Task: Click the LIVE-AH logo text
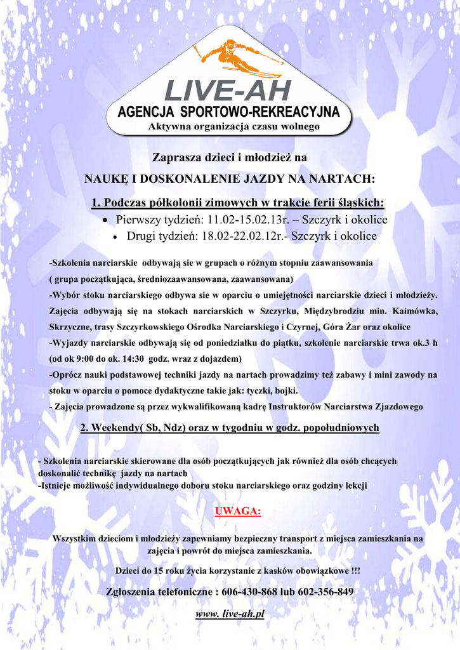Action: pos(228,91)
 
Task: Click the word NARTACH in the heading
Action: pos(342,179)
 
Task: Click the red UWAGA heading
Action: pos(238,512)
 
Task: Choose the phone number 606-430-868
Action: pos(249,592)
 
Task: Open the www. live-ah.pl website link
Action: pos(230,614)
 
